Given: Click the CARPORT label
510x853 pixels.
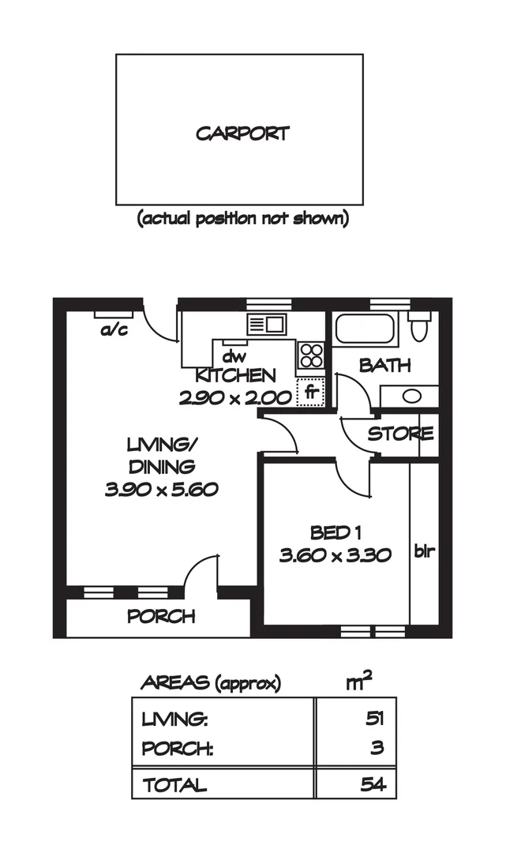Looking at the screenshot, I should (242, 133).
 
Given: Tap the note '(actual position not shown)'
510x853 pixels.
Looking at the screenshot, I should (242, 219).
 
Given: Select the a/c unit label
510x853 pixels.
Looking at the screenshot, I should (114, 330).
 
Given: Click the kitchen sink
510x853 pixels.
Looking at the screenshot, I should (266, 324).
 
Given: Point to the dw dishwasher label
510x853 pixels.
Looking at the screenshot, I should (231, 356).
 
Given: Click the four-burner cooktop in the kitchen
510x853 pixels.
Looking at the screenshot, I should (310, 355).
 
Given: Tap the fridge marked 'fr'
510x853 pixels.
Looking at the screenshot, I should (310, 391).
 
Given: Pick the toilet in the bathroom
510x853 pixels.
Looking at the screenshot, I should (419, 327).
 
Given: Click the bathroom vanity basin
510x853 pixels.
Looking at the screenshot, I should (411, 396).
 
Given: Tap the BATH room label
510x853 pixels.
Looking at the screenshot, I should (384, 366).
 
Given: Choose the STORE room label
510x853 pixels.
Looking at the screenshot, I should (400, 434).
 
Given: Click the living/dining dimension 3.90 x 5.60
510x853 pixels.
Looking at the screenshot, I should (161, 490).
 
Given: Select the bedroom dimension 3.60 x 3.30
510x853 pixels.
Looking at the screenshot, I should (336, 555).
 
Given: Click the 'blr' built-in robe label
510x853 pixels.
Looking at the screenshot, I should (425, 551).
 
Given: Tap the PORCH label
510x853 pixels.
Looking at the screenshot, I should (161, 617).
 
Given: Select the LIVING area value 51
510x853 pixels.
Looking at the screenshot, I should (373, 720).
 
